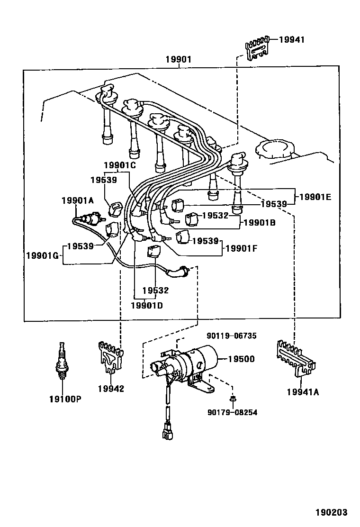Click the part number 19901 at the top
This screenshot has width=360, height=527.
pos(178,60)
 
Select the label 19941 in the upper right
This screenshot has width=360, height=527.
pos(291,40)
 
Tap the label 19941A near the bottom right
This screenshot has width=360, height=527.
pos(302,391)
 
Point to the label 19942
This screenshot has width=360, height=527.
pos(111,389)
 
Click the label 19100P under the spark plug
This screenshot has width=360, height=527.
pos(65,399)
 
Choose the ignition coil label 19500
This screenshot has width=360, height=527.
pos(241,359)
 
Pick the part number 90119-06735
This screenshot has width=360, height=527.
pos(231,336)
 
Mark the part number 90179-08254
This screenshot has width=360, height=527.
pos(232,412)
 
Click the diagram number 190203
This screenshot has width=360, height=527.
pos(332,512)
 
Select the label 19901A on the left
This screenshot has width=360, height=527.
pos(78,200)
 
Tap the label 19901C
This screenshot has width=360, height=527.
pos(120,165)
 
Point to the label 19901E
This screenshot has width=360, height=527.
pos(315,196)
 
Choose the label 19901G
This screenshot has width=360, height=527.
pos(42,256)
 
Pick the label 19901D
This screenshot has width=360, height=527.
pos(146,305)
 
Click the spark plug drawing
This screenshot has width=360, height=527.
pos(61,361)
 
